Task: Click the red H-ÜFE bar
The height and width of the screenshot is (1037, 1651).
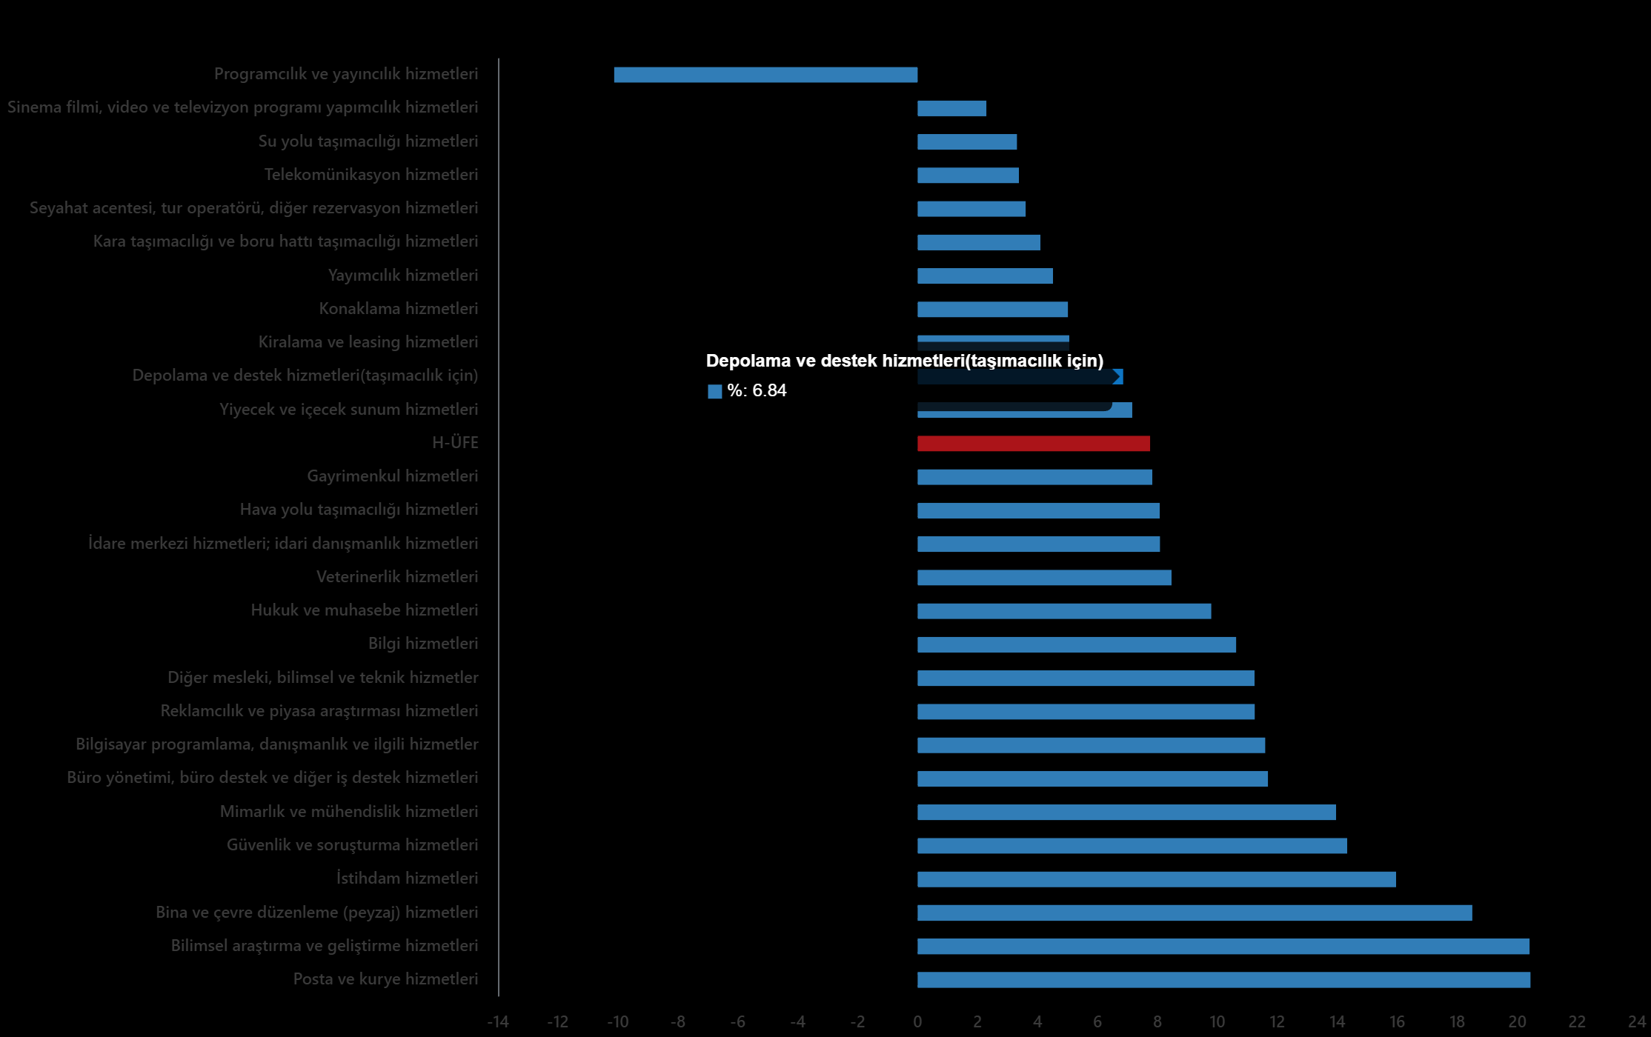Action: (1033, 444)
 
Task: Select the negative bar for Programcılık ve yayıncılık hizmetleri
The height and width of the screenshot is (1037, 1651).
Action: (765, 75)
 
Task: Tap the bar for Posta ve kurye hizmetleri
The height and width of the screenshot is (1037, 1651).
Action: (1223, 980)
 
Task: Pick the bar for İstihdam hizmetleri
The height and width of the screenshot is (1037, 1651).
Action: (1156, 879)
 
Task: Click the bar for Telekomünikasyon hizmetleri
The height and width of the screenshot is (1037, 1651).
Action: (968, 176)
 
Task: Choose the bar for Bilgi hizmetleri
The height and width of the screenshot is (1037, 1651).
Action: (1076, 645)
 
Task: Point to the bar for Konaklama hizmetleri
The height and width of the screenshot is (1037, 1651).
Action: (992, 310)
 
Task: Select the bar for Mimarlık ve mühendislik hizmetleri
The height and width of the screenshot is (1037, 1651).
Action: (1126, 813)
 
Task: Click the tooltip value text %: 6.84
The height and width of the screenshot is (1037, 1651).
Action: (757, 391)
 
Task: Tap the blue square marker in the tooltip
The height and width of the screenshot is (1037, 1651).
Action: (714, 392)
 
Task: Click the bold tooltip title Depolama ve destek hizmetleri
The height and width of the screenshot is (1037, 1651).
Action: (904, 361)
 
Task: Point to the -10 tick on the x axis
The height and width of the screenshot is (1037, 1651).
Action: (617, 1022)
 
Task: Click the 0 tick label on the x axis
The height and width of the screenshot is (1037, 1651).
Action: (917, 1022)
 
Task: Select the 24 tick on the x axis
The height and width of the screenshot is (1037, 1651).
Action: (1637, 1022)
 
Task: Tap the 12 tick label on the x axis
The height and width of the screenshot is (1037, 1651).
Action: (1277, 1022)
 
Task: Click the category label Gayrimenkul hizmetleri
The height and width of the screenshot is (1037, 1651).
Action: (392, 476)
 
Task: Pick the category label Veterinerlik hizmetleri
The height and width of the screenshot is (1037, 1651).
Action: (396, 577)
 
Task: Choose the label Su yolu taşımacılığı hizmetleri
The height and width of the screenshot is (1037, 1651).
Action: (368, 141)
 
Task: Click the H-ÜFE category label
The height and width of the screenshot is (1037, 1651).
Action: (455, 443)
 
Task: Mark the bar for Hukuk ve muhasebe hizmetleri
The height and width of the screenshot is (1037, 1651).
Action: (1063, 611)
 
